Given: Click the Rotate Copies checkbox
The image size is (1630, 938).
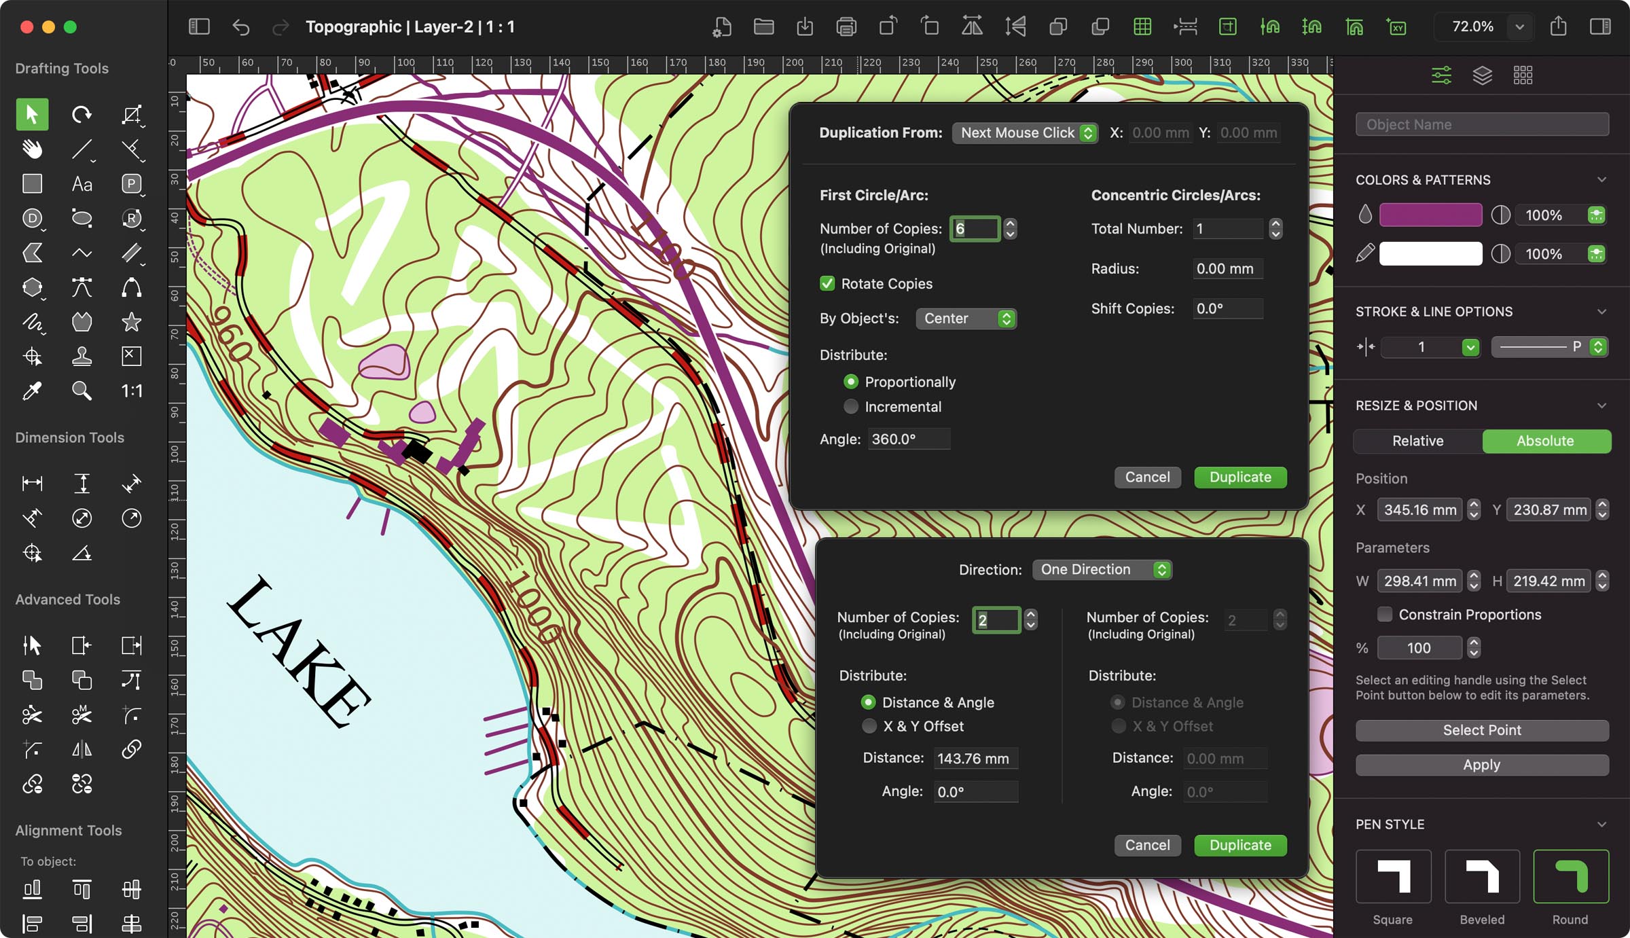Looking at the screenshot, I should click(827, 284).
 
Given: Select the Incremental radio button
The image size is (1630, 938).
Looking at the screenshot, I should click(851, 407).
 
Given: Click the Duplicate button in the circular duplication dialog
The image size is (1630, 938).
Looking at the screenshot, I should click(1239, 477).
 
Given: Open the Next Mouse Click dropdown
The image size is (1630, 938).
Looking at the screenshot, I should click(1025, 133).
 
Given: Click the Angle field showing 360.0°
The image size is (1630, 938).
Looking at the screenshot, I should click(908, 439).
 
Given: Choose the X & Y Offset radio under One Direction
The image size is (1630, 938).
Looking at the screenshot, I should click(869, 726).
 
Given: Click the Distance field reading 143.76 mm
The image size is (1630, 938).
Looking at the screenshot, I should click(975, 759).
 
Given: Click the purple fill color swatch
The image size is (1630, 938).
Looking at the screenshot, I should click(1430, 215).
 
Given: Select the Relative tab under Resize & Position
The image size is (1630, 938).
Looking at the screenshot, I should click(1417, 441).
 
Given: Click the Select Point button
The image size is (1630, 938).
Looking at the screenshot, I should click(1481, 730).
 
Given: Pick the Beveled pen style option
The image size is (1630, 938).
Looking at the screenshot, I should click(1481, 877).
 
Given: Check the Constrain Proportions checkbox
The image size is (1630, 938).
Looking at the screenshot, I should click(1384, 615).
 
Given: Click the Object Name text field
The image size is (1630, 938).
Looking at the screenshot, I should click(1481, 125).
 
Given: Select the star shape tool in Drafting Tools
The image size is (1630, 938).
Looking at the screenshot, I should click(131, 322).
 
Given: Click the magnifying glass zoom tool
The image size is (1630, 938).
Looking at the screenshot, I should click(81, 391).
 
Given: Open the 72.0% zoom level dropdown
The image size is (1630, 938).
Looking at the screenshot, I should click(1519, 27).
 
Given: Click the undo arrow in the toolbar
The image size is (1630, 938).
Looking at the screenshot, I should click(240, 27).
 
